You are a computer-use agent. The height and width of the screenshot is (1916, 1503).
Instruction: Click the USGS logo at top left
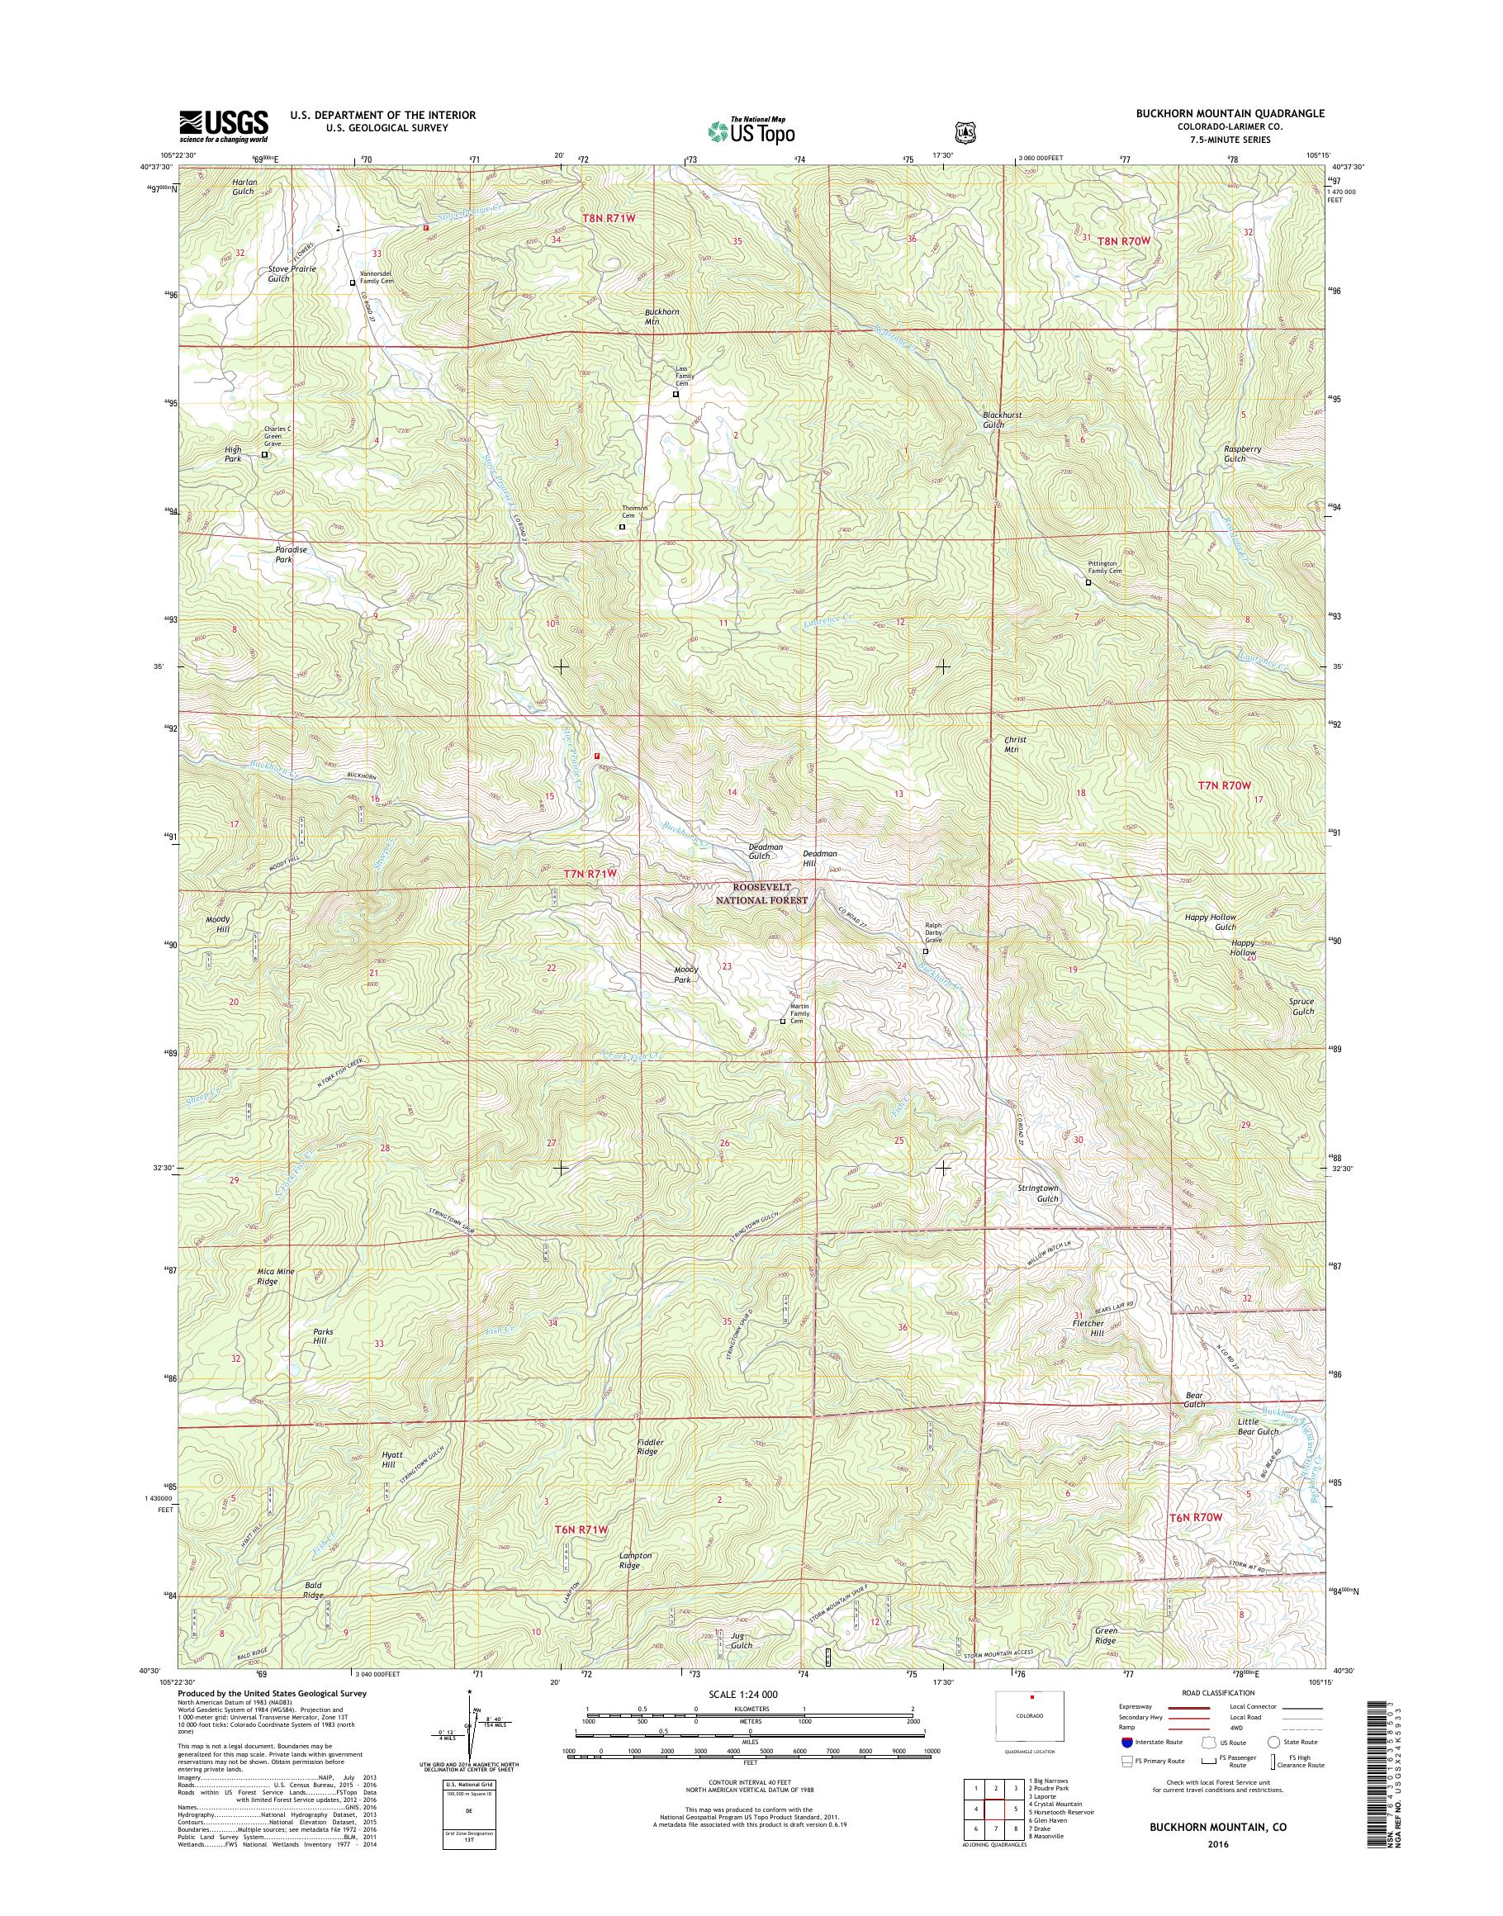[224, 126]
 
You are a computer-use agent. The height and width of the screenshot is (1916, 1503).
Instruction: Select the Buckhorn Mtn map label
[661, 317]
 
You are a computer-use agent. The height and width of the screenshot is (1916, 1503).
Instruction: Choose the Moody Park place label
[685, 974]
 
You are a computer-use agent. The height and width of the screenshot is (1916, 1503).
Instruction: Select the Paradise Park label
[291, 554]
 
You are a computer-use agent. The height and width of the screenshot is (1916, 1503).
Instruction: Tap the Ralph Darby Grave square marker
[925, 951]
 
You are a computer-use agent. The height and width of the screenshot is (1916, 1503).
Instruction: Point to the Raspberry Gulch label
[1243, 453]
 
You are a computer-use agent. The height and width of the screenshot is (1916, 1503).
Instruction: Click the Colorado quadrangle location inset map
[1029, 1716]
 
